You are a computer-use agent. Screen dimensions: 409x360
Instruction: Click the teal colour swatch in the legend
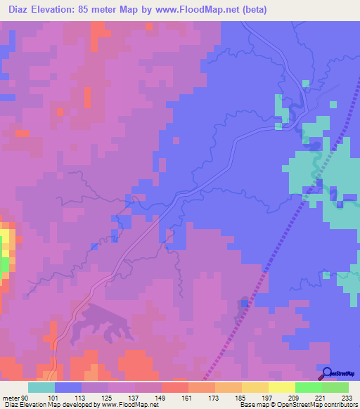point(41,387)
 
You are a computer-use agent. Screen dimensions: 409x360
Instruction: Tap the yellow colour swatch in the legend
point(282,387)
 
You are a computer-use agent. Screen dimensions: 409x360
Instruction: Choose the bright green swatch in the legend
point(309,387)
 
